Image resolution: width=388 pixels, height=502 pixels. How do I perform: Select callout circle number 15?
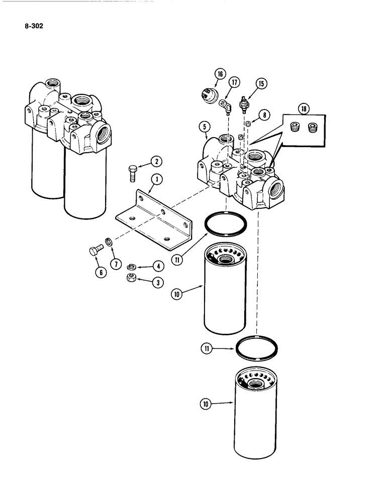[x=260, y=83]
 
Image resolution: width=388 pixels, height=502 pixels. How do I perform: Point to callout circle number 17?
[x=234, y=82]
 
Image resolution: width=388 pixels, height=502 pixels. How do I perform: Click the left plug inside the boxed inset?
[x=296, y=127]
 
